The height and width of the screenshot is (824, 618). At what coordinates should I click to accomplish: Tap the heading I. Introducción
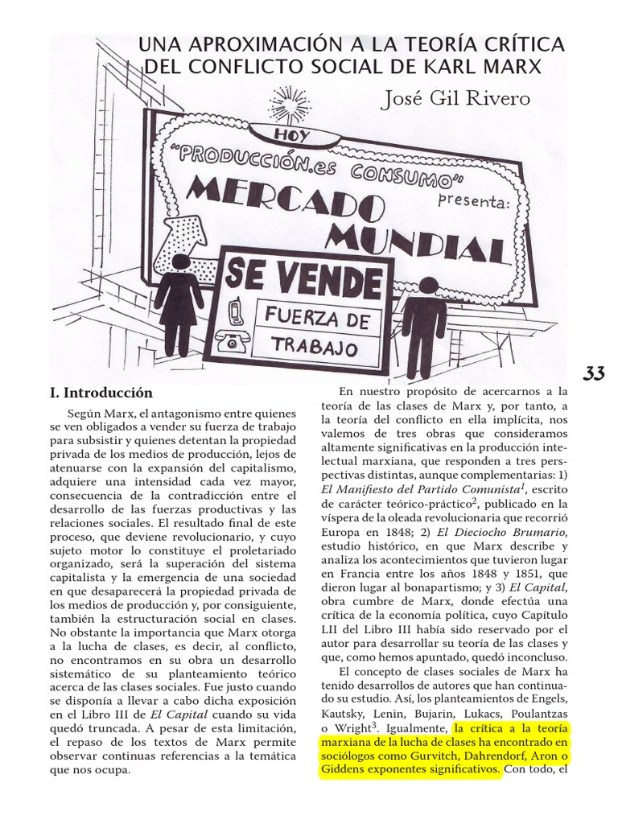pyautogui.click(x=101, y=393)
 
